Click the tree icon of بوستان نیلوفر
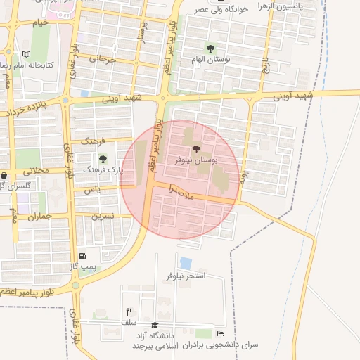pyautogui.click(x=195, y=149)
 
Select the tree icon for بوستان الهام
pyautogui.click(x=210, y=48)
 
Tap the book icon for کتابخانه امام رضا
pyautogui.click(x=27, y=54)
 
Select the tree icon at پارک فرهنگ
pyautogui.click(x=103, y=158)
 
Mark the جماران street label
pyautogui.click(x=41, y=217)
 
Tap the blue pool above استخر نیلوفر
pyautogui.click(x=186, y=262)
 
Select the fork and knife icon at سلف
pyautogui.click(x=129, y=311)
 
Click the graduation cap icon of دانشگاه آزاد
pyautogui.click(x=155, y=325)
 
